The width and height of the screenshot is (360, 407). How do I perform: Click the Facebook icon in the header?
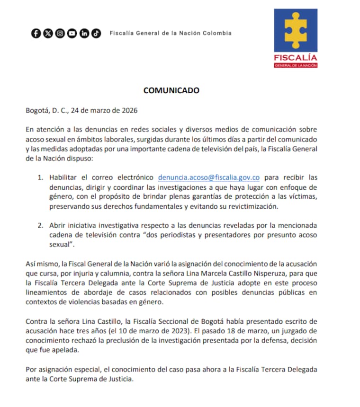coord(36,33)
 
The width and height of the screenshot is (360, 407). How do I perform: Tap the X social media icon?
coord(48,33)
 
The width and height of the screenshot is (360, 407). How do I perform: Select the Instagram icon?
coord(60,33)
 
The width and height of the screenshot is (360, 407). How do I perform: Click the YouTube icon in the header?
coord(72,33)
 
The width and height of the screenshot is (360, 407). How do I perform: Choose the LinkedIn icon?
coord(84,33)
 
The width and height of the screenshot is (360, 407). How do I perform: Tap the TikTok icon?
coord(96,33)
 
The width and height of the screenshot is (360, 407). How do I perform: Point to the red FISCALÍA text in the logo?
coord(296,58)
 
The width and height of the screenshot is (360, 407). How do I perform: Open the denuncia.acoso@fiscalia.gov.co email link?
coord(209,177)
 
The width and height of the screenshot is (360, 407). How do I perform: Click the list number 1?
coord(40,177)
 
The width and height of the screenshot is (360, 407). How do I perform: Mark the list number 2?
coord(40,225)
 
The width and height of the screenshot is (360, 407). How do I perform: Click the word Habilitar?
coord(64,177)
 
